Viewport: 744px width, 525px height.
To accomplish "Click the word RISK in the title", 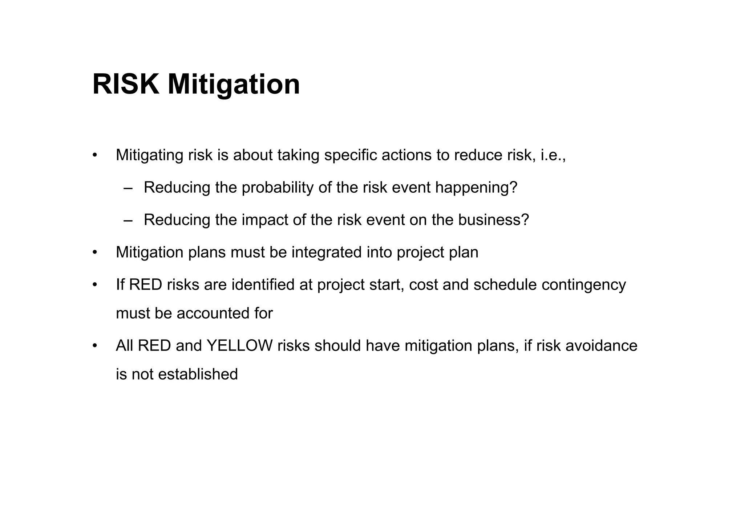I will click(126, 84).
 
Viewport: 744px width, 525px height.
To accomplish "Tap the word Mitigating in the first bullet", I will click(149, 155).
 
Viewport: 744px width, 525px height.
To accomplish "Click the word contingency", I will click(583, 285).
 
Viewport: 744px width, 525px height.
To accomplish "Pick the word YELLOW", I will click(239, 345).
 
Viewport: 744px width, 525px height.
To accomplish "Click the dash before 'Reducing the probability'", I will click(128, 189).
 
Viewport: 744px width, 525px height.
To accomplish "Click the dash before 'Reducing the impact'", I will click(128, 221).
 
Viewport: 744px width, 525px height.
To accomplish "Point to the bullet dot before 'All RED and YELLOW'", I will click(95, 346).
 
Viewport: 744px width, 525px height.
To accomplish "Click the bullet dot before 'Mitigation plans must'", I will click(95, 253).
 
